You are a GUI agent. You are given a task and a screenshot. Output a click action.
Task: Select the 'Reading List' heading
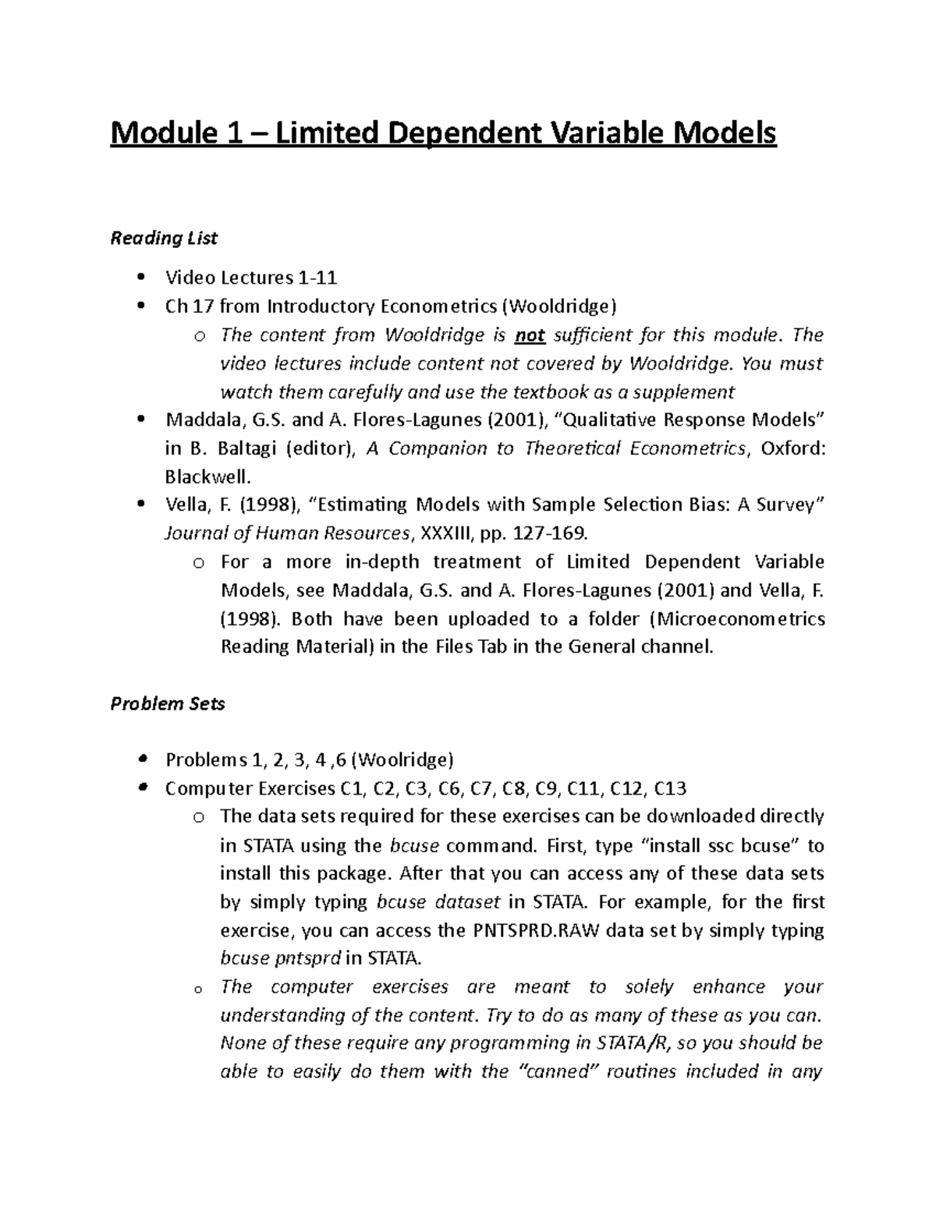pyautogui.click(x=164, y=239)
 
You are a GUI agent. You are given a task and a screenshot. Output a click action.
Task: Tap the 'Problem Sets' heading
pyautogui.click(x=168, y=703)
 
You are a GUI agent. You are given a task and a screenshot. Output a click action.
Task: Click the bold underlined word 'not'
pyautogui.click(x=530, y=335)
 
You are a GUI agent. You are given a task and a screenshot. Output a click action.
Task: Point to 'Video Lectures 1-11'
pyautogui.click(x=251, y=278)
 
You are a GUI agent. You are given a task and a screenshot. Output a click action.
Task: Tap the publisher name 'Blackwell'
pyautogui.click(x=207, y=476)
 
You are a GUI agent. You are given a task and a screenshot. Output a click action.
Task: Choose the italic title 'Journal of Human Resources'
pyautogui.click(x=286, y=533)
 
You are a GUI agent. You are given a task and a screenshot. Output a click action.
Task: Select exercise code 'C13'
pyautogui.click(x=669, y=788)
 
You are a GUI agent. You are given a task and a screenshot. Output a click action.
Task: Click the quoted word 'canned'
pyautogui.click(x=552, y=1071)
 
